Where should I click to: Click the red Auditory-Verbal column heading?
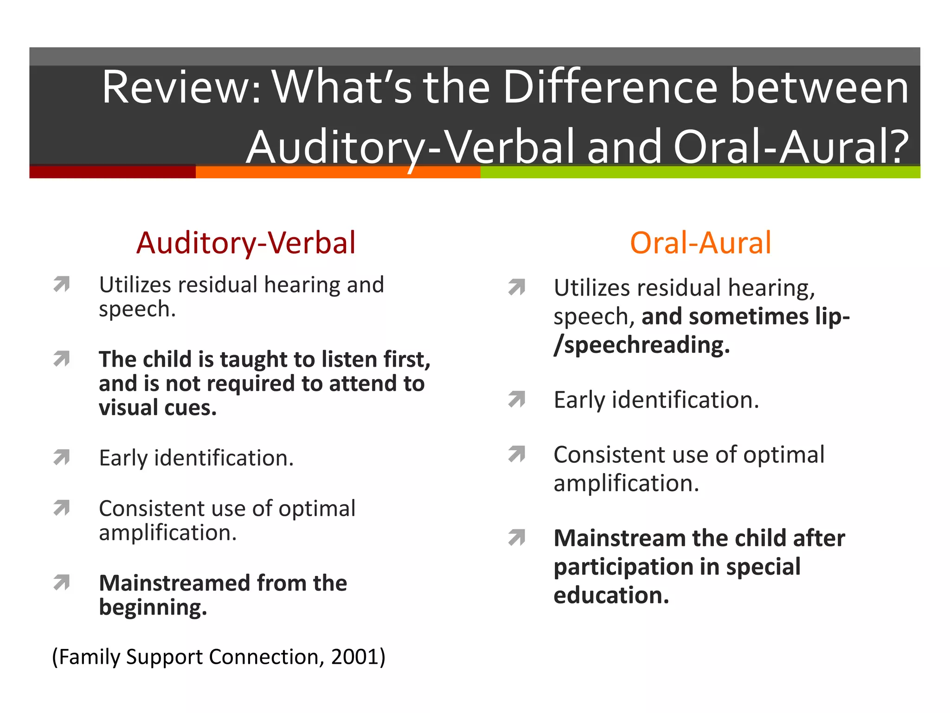click(246, 243)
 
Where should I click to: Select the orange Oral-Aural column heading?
click(700, 243)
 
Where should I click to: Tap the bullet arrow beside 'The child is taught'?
click(62, 359)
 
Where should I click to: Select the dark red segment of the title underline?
click(112, 172)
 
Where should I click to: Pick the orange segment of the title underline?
click(338, 172)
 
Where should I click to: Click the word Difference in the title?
click(610, 87)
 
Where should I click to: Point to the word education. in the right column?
click(611, 596)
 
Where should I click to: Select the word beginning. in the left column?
click(153, 608)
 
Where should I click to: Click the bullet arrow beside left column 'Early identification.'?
click(62, 458)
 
